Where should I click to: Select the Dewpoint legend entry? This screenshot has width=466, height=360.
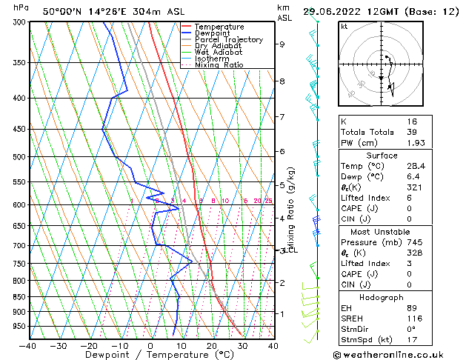coord(212,33)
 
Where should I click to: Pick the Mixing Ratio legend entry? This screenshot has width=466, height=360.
coord(219,65)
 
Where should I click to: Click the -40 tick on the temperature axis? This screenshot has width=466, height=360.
coord(27,346)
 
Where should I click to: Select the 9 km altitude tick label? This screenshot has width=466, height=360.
coord(282,44)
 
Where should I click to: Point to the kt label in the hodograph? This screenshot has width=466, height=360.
coord(344,27)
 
